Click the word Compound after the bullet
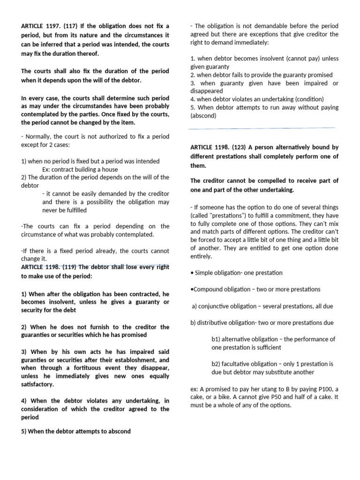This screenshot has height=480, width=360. point(208,289)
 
